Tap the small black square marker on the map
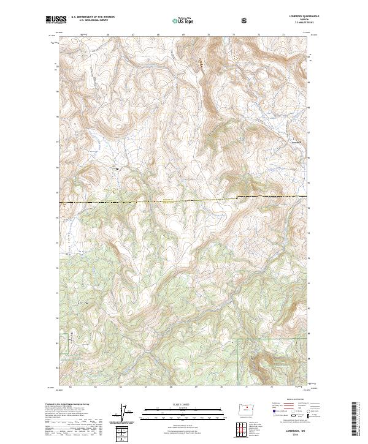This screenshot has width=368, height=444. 117,168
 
